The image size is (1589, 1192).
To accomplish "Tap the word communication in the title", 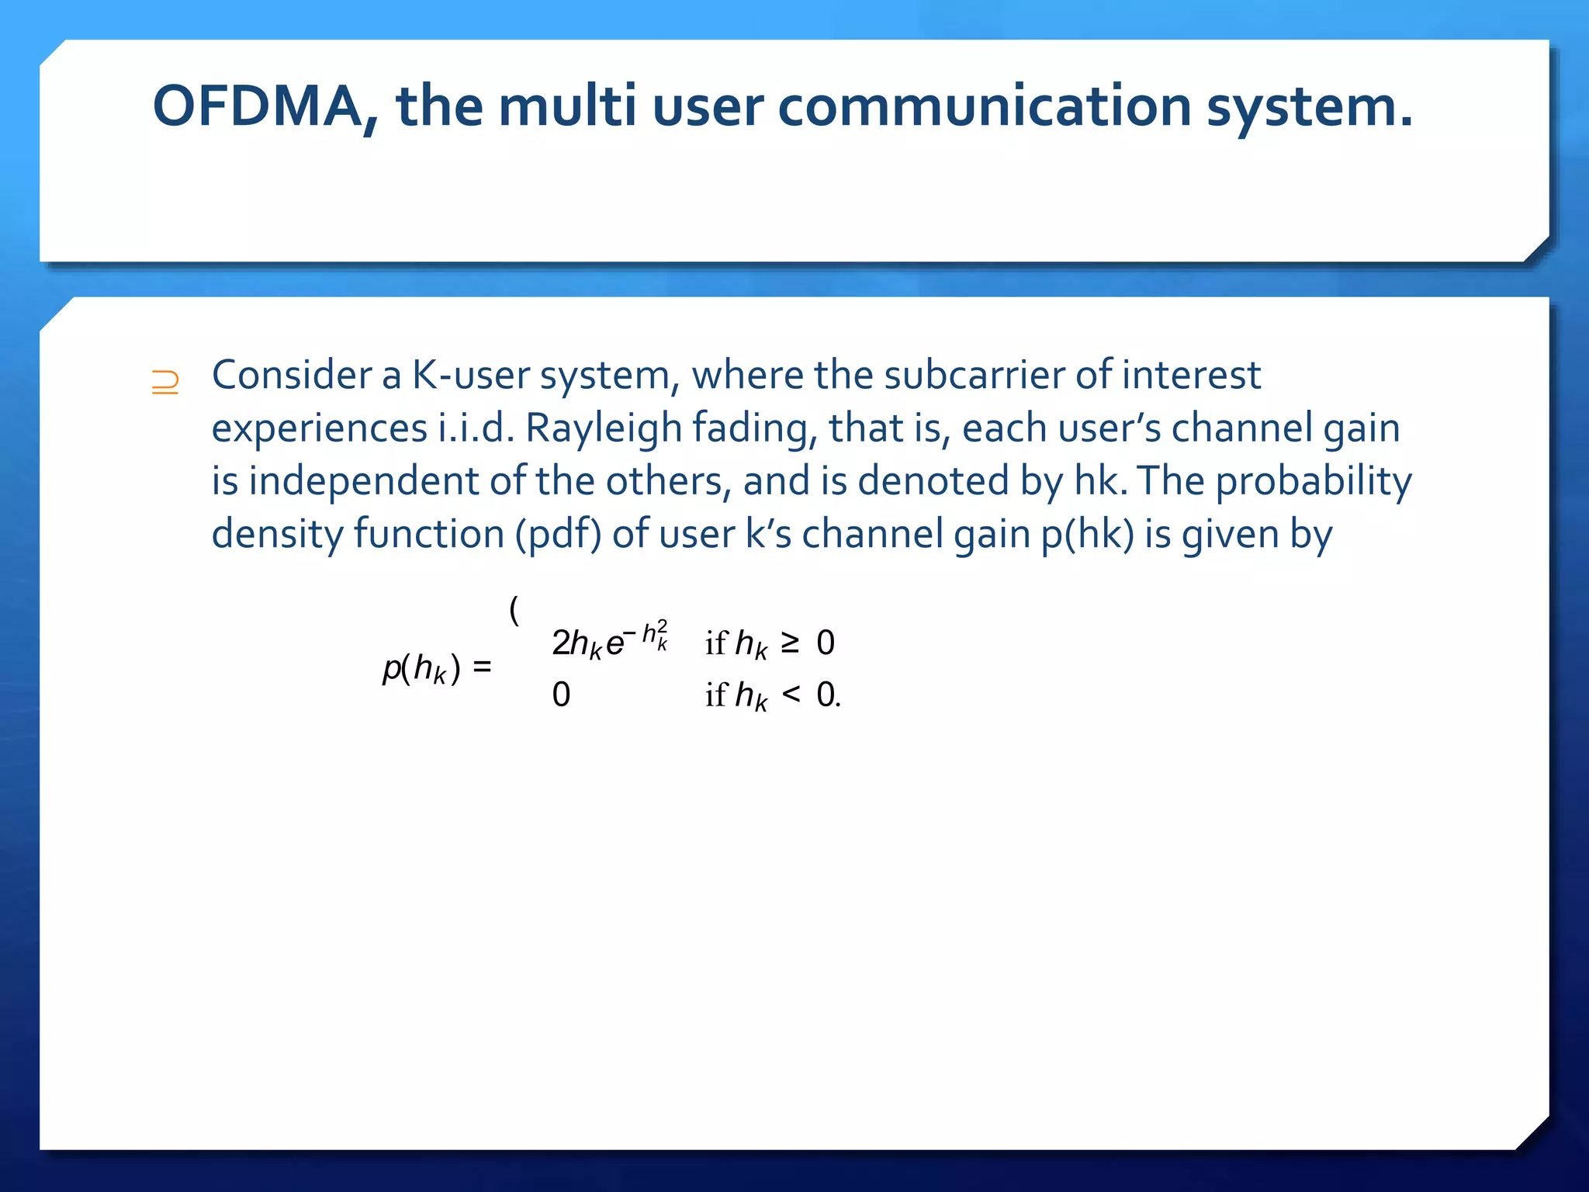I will (984, 106).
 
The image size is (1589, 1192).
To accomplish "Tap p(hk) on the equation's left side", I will (421, 667).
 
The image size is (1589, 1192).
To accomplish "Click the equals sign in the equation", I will (482, 666).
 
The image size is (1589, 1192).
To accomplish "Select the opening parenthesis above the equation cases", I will (514, 610).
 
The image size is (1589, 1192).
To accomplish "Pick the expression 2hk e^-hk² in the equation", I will (609, 641).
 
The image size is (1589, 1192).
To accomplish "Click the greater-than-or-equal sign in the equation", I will (790, 642).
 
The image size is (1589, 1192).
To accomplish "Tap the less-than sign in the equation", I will (791, 693).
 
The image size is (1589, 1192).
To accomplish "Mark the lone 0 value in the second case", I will (561, 694).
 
